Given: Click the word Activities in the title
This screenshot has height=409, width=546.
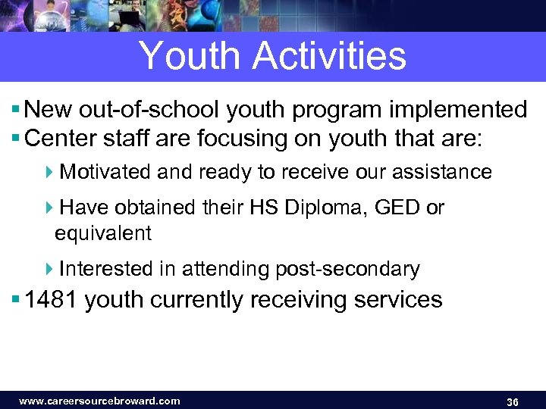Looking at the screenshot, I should click(331, 56).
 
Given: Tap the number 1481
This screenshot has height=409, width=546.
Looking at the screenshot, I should click(52, 299).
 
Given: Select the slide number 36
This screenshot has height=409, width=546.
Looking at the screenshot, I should click(512, 401).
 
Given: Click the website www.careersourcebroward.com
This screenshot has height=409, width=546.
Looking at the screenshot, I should click(99, 401).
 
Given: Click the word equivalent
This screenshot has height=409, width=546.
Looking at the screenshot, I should click(103, 233).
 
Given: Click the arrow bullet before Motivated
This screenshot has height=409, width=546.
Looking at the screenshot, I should click(49, 172).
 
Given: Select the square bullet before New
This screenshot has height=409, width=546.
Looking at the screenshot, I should click(17, 111).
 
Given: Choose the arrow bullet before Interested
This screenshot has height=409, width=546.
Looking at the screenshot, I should click(49, 269).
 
